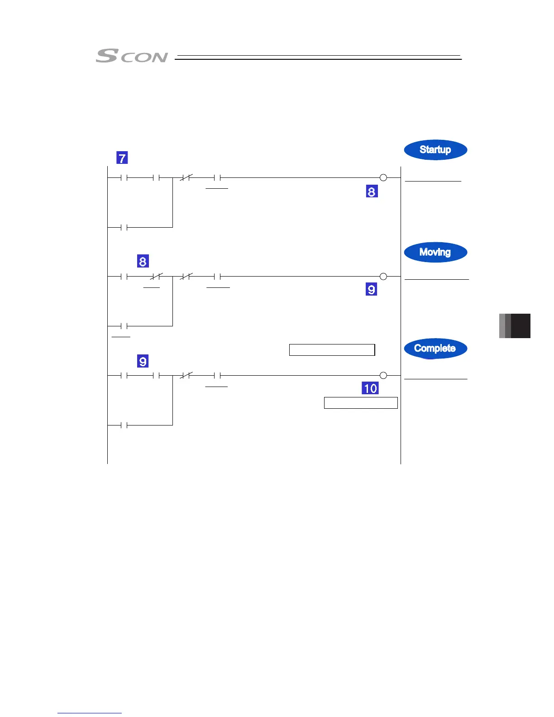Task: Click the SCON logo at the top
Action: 131,56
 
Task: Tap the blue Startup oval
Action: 435,150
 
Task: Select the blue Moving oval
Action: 435,252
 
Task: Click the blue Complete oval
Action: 435,349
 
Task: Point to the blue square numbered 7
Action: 122,158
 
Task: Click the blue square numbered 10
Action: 370,388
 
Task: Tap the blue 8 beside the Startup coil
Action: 372,191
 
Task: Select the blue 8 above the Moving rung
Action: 143,261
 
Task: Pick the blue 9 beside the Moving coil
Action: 371,290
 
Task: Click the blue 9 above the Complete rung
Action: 143,361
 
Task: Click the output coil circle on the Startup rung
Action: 383,178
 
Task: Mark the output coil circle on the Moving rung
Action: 383,277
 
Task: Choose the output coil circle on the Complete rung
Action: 383,375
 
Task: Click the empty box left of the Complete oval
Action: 332,350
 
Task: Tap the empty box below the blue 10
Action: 361,403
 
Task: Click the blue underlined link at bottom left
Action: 90,713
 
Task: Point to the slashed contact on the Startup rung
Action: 186,178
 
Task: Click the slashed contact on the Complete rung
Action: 186,375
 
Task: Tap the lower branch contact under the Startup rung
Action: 124,227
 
